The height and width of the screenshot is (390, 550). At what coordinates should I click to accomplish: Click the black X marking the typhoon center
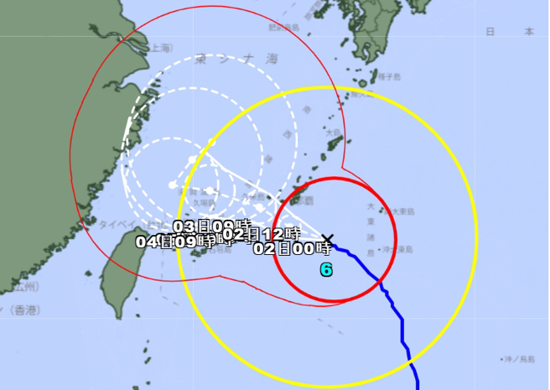(328, 240)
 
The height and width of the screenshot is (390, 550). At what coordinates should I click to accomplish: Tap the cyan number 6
(326, 270)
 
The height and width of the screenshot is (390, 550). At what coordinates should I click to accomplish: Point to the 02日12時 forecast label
(262, 234)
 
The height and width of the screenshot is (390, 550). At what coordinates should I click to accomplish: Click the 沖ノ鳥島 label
(517, 359)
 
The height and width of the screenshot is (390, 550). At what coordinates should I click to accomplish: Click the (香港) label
(26, 311)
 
